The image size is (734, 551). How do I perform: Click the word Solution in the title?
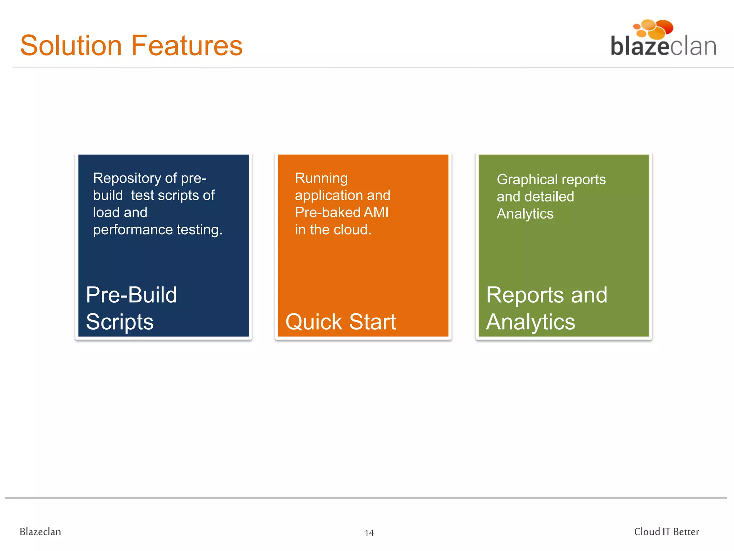(71, 46)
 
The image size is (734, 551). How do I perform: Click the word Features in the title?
(187, 46)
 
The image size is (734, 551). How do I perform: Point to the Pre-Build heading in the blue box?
(131, 295)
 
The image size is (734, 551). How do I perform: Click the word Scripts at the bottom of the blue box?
(119, 322)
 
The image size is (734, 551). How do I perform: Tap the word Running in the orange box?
(321, 178)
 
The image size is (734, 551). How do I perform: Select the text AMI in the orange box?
(376, 212)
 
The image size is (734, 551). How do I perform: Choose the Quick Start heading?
(340, 322)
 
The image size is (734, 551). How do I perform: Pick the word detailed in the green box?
(549, 197)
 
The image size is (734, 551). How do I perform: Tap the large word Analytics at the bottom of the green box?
(530, 322)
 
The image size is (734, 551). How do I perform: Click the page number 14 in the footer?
(369, 533)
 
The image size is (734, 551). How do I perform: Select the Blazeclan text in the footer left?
(40, 532)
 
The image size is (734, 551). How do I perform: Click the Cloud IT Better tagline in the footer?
(666, 532)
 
